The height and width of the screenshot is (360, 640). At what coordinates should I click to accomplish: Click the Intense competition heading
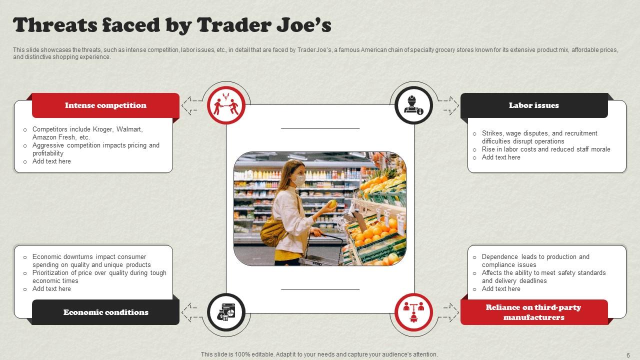click(105, 105)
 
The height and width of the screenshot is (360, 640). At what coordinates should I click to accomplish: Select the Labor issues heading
click(533, 105)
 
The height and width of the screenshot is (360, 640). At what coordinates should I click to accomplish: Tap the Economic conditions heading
click(105, 312)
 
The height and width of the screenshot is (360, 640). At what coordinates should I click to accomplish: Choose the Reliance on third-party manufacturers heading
click(533, 312)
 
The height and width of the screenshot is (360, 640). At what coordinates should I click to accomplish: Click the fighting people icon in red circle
click(225, 105)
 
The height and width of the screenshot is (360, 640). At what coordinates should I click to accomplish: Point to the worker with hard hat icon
click(413, 105)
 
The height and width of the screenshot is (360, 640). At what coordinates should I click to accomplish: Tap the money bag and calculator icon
click(225, 312)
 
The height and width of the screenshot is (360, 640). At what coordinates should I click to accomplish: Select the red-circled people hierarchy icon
click(413, 312)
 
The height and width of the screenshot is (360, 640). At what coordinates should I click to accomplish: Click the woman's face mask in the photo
click(299, 179)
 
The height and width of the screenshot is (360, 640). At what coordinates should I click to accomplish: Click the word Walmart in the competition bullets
click(129, 129)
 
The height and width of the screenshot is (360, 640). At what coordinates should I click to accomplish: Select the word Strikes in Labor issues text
click(492, 133)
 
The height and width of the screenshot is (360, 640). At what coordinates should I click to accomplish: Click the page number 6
click(628, 354)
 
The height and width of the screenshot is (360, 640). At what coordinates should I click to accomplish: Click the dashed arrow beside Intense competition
click(190, 105)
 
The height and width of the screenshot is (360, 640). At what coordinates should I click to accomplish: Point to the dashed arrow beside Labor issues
click(448, 105)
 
